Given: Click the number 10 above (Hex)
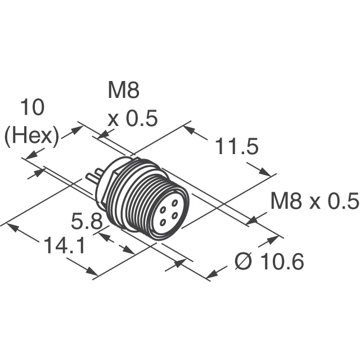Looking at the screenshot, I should coord(33,108).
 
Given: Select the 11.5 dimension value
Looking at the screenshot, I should coord(236,147).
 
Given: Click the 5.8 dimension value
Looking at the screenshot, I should coord(86,221).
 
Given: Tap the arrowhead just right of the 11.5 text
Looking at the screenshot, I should coord(263,172).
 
